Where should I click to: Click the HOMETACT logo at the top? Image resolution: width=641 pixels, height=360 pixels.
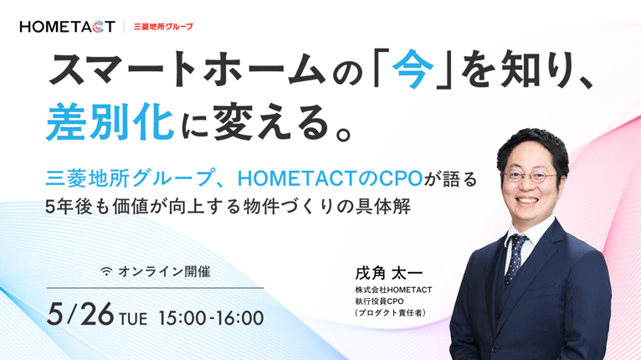68,27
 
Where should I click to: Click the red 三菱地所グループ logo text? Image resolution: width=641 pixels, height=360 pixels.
163,27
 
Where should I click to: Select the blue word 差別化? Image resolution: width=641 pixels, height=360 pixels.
110,121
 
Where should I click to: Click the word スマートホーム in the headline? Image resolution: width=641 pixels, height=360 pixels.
186,69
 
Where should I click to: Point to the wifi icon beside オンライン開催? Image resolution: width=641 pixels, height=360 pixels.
107,271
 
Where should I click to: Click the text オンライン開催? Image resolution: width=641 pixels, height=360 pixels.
164,271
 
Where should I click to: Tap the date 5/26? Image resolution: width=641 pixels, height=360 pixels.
80,315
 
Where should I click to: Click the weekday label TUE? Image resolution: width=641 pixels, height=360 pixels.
133,319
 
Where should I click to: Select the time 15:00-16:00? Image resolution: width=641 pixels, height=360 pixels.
211,318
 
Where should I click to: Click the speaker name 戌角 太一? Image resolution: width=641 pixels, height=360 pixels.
389,273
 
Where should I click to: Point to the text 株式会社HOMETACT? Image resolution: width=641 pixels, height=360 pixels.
393,290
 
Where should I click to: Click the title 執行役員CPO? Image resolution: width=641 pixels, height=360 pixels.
379,301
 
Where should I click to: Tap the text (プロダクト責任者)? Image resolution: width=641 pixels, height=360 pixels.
391,313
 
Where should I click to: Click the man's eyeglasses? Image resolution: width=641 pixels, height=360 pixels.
531,176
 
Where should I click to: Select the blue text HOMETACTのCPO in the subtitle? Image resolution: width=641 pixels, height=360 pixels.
330,178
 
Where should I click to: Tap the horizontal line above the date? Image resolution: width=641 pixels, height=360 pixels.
156,288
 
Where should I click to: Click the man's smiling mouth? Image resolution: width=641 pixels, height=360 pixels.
527,201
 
